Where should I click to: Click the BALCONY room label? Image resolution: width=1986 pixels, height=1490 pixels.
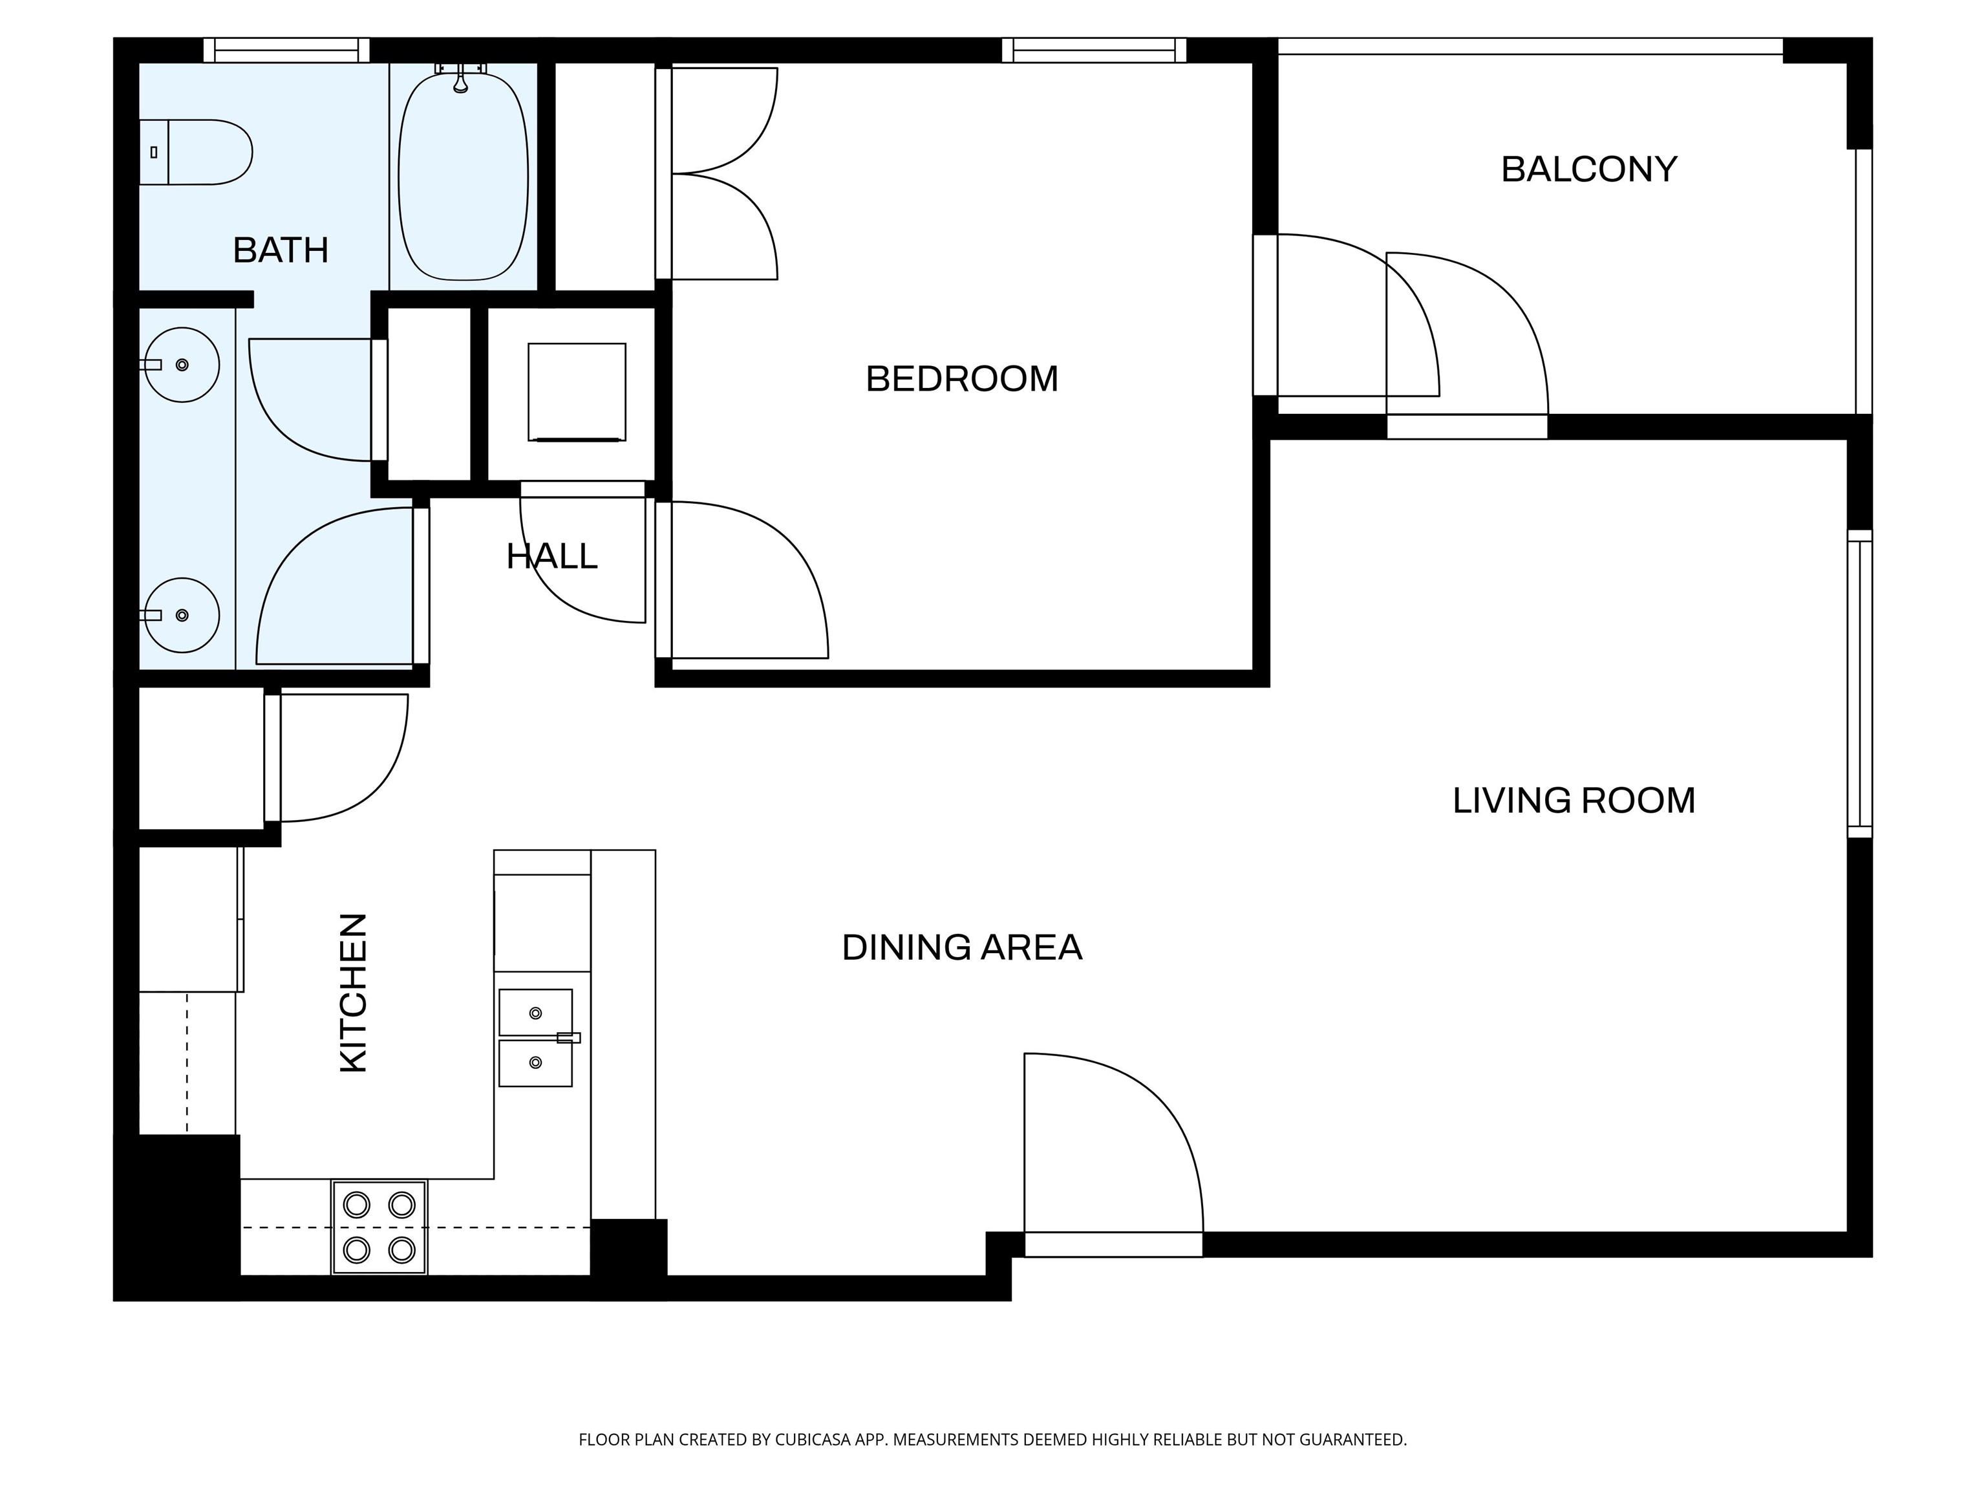click(1588, 169)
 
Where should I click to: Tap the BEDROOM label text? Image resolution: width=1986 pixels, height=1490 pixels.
click(961, 379)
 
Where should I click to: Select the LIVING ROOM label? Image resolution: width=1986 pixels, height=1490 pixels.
click(1574, 800)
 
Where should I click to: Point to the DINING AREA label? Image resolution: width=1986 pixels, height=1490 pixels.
click(961, 947)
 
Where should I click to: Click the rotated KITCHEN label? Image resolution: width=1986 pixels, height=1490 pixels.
click(354, 993)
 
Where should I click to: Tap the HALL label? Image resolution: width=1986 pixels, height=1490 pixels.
click(551, 557)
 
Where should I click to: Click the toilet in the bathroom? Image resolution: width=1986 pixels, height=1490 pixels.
click(195, 152)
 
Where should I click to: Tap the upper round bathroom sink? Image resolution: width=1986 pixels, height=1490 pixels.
click(182, 365)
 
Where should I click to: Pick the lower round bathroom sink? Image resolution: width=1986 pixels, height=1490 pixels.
click(182, 615)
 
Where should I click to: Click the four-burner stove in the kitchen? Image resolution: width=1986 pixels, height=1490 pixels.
click(379, 1227)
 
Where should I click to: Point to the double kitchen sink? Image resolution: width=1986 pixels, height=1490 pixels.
click(536, 1037)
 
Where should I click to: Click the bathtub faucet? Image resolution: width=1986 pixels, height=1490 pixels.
click(460, 77)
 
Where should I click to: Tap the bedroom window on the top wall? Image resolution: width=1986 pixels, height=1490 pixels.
click(1094, 50)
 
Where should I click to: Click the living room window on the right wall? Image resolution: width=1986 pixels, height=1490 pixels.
click(1859, 684)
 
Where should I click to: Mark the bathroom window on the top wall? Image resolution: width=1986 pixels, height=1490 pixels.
click(286, 50)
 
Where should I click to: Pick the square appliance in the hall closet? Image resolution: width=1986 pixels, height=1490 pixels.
click(577, 392)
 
